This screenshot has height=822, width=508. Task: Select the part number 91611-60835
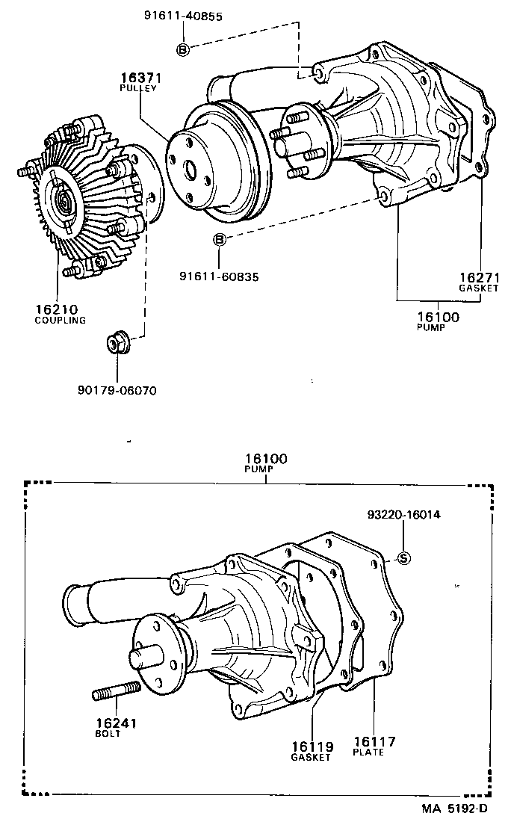[219, 276]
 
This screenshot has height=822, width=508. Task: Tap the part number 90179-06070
[117, 390]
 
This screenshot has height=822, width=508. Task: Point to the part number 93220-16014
[403, 516]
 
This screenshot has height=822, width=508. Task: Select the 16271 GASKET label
[478, 281]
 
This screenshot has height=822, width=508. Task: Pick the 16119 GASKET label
[311, 750]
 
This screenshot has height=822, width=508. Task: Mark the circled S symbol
[403, 557]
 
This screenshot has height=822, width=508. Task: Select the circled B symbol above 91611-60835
[219, 239]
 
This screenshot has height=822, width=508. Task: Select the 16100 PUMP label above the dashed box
[266, 463]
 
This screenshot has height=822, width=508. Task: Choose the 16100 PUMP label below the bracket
[438, 321]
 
